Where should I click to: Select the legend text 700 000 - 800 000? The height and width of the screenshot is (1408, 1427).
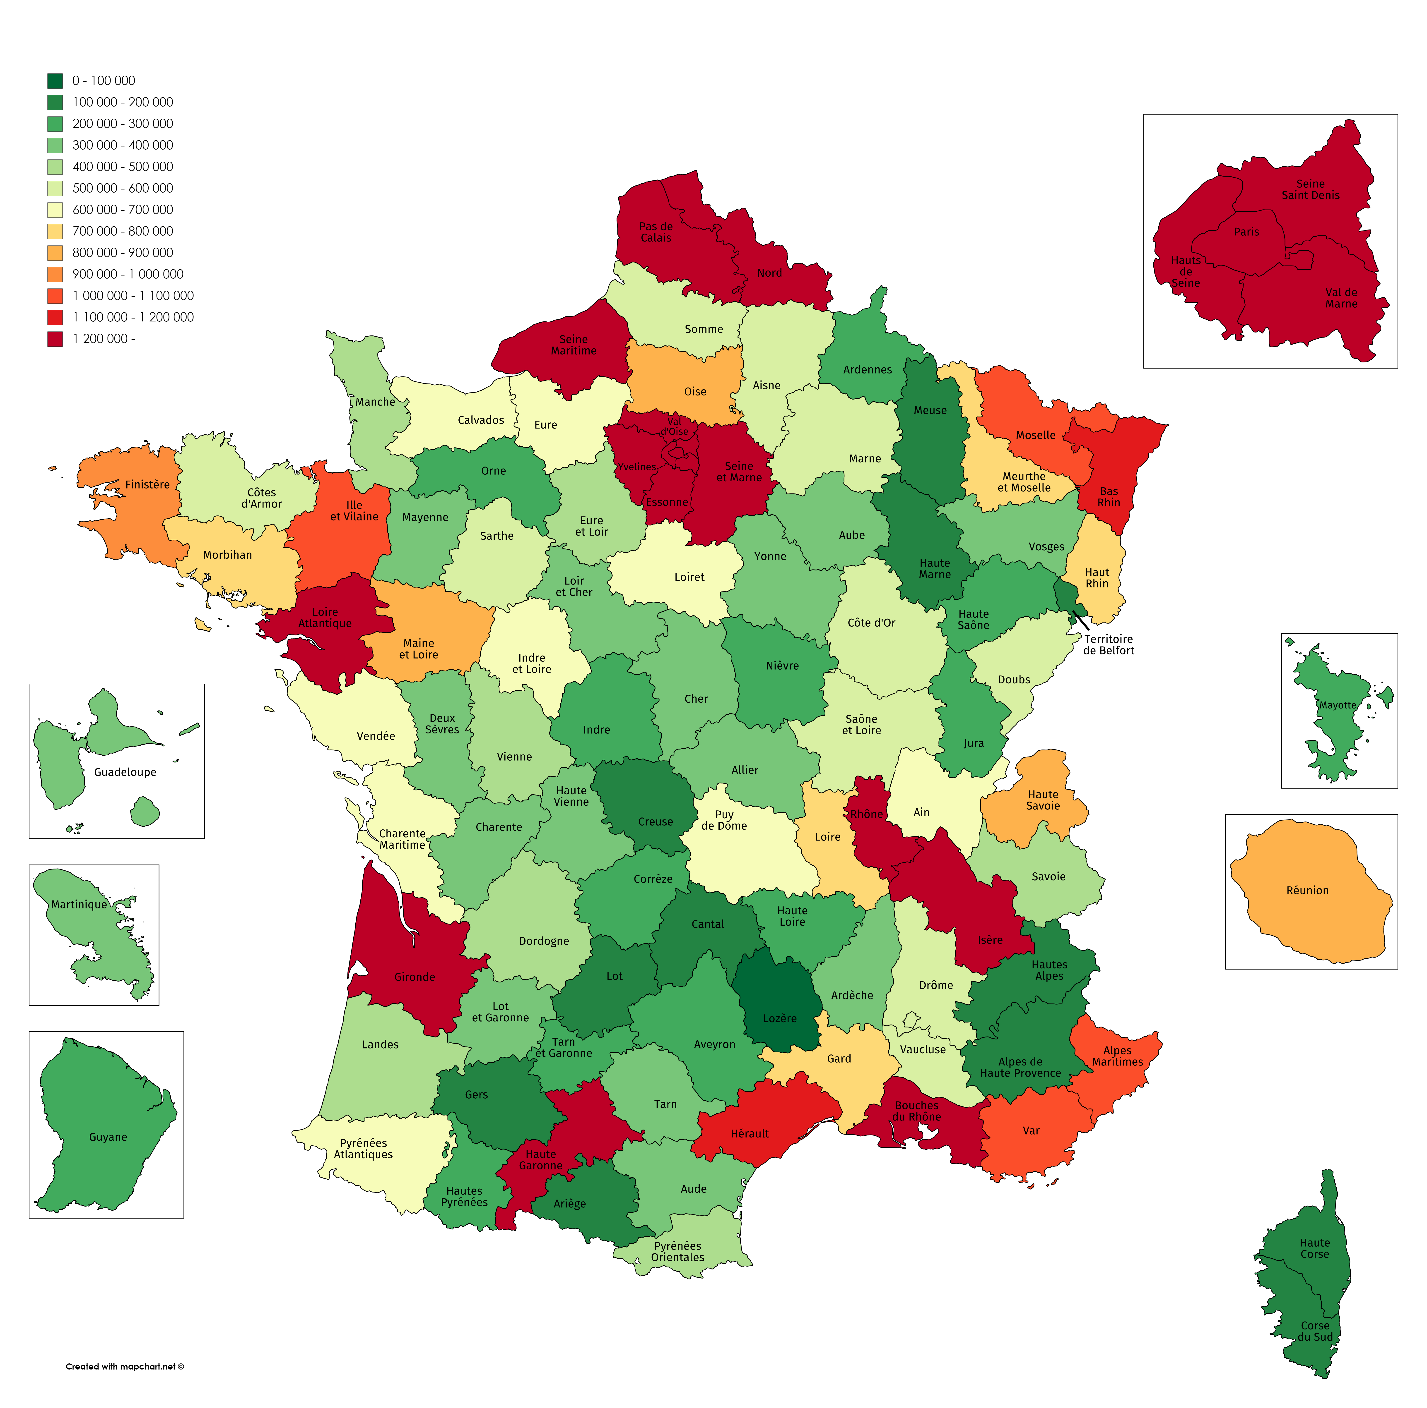tap(123, 231)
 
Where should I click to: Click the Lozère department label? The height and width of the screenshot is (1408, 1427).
tap(780, 1018)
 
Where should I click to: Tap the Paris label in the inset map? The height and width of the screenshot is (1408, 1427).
tap(1246, 232)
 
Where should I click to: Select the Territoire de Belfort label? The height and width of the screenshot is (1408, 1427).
tap(1108, 644)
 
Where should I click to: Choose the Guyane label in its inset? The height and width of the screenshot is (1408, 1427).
tap(108, 1137)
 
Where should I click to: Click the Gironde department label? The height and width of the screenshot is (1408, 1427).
tap(414, 977)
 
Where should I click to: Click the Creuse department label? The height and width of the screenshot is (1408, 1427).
tap(655, 822)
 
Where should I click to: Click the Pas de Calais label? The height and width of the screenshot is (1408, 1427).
tap(656, 232)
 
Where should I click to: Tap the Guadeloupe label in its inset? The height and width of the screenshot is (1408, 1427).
tap(125, 772)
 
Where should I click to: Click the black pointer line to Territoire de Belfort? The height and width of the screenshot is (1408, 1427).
tap(1081, 620)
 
